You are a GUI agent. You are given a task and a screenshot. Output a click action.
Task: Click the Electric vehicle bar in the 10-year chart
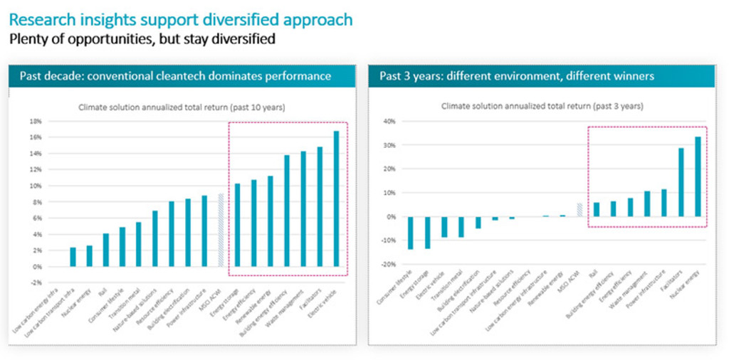tap(336, 198)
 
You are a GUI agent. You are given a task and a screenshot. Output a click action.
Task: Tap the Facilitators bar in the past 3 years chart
tap(681, 182)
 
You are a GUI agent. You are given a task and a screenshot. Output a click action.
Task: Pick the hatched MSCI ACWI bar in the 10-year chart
tap(221, 230)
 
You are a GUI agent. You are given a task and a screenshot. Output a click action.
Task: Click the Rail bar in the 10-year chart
tap(106, 250)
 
